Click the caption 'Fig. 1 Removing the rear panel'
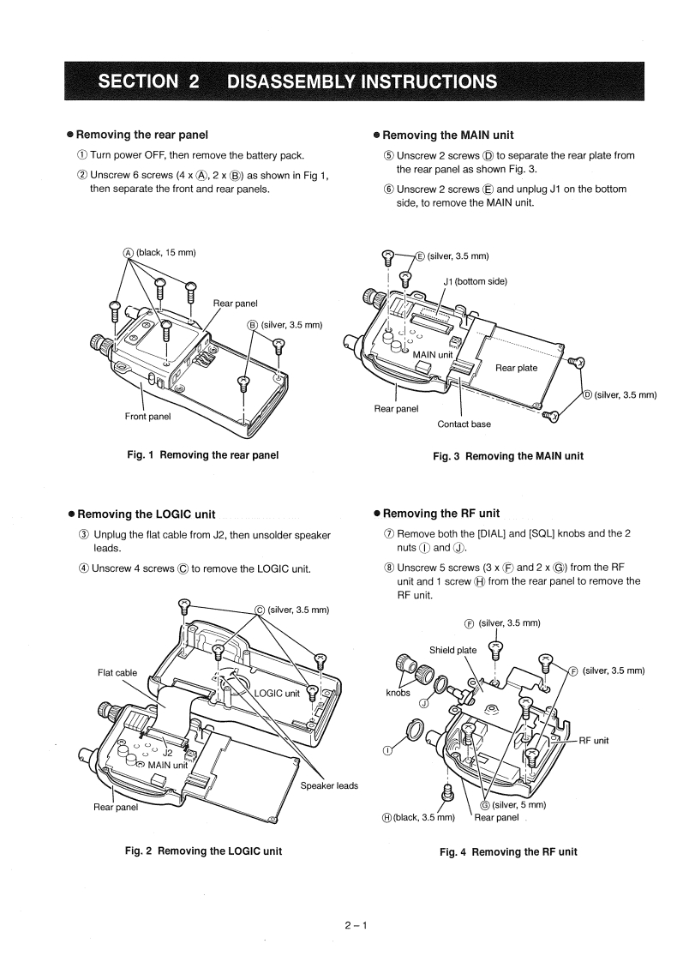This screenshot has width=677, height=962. (202, 454)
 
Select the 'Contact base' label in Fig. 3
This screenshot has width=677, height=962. (464, 424)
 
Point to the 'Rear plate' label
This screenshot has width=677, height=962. (517, 368)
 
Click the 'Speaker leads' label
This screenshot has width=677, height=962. (330, 785)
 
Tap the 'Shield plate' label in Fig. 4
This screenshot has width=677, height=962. (453, 649)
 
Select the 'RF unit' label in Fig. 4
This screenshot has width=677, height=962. (594, 740)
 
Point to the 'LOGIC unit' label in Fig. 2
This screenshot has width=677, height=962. (275, 694)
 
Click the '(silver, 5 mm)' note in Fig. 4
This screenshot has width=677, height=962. (516, 804)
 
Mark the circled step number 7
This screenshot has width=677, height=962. (388, 533)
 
